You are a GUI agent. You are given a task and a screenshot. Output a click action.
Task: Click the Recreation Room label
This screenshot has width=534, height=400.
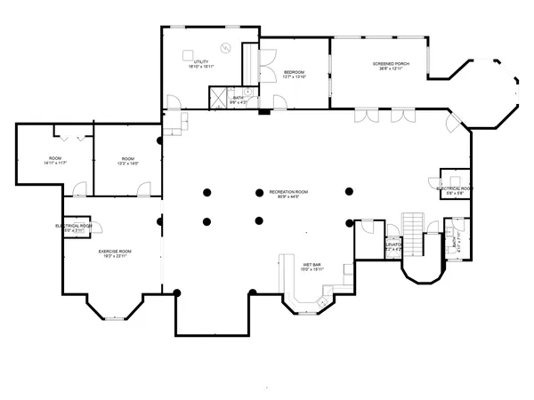289,191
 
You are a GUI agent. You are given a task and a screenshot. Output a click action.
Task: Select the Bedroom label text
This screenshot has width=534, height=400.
294,72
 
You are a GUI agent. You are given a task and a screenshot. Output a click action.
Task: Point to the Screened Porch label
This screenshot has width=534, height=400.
390,65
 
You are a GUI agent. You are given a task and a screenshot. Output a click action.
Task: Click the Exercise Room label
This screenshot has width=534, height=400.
115,252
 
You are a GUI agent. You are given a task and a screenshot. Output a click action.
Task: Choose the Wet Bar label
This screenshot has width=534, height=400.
311,265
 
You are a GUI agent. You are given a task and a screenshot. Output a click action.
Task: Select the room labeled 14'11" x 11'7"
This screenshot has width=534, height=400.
55,161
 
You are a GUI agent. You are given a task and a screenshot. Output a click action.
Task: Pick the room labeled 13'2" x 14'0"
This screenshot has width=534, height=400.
127,161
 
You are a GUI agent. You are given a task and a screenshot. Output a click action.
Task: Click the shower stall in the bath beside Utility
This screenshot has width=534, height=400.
219,97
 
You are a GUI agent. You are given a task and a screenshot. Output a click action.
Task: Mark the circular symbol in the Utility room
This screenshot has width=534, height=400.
226,46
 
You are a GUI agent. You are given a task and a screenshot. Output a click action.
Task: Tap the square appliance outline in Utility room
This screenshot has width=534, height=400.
190,49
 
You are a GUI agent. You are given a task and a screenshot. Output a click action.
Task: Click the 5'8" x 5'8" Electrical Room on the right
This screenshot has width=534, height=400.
453,191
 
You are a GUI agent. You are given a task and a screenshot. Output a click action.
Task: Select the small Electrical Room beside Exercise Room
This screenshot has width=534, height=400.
75,228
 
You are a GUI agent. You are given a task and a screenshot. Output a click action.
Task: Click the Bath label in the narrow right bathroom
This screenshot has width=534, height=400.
455,240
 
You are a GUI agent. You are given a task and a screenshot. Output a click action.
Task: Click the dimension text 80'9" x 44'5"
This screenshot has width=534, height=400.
289,197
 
